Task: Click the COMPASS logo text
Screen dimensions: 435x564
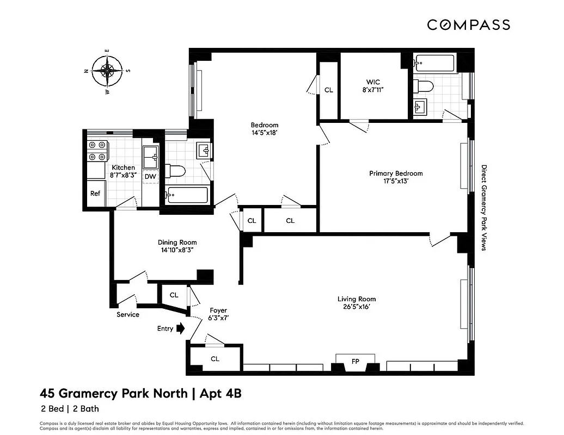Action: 468,24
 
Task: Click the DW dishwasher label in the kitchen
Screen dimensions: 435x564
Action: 150,176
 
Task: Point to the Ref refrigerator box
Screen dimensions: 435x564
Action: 95,193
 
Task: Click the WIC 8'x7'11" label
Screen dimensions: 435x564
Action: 373,86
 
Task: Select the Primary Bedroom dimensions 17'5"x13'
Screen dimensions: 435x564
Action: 396,182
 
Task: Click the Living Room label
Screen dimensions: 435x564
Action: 357,299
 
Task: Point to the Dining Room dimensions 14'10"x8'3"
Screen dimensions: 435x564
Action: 177,250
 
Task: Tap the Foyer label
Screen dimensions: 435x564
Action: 218,310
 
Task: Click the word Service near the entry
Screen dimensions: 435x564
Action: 128,314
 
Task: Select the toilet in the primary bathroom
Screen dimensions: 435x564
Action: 423,86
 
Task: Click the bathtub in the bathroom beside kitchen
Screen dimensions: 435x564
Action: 187,195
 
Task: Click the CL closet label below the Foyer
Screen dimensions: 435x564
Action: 215,359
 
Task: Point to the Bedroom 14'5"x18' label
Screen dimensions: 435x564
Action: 265,128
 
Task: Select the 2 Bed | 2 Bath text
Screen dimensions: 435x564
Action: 69,409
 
